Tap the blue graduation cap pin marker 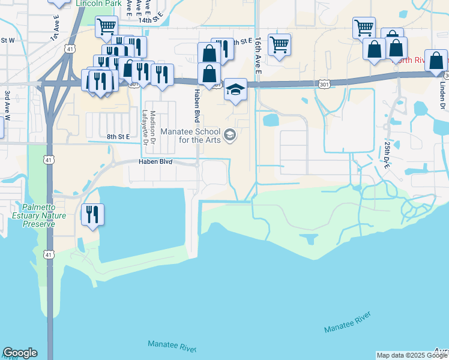click(236, 90)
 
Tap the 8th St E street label click(119, 137)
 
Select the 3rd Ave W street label click(7, 106)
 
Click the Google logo click(20, 353)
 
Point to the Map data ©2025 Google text click(412, 355)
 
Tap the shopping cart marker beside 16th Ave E click(279, 44)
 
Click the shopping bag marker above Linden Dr click(436, 61)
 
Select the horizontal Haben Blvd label click(155, 162)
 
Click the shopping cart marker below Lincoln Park click(106, 26)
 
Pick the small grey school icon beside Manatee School click(229, 136)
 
